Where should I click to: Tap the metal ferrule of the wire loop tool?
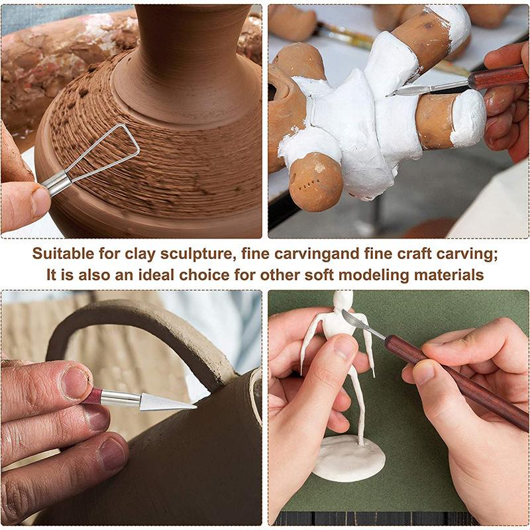[56, 184]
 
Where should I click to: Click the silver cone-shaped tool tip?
[168, 402]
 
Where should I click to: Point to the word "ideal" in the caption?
[155, 274]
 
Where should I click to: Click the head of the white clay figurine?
[343, 299]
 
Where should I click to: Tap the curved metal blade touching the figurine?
[355, 321]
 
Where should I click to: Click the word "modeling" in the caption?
[374, 275]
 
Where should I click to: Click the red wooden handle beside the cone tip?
[92, 396]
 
